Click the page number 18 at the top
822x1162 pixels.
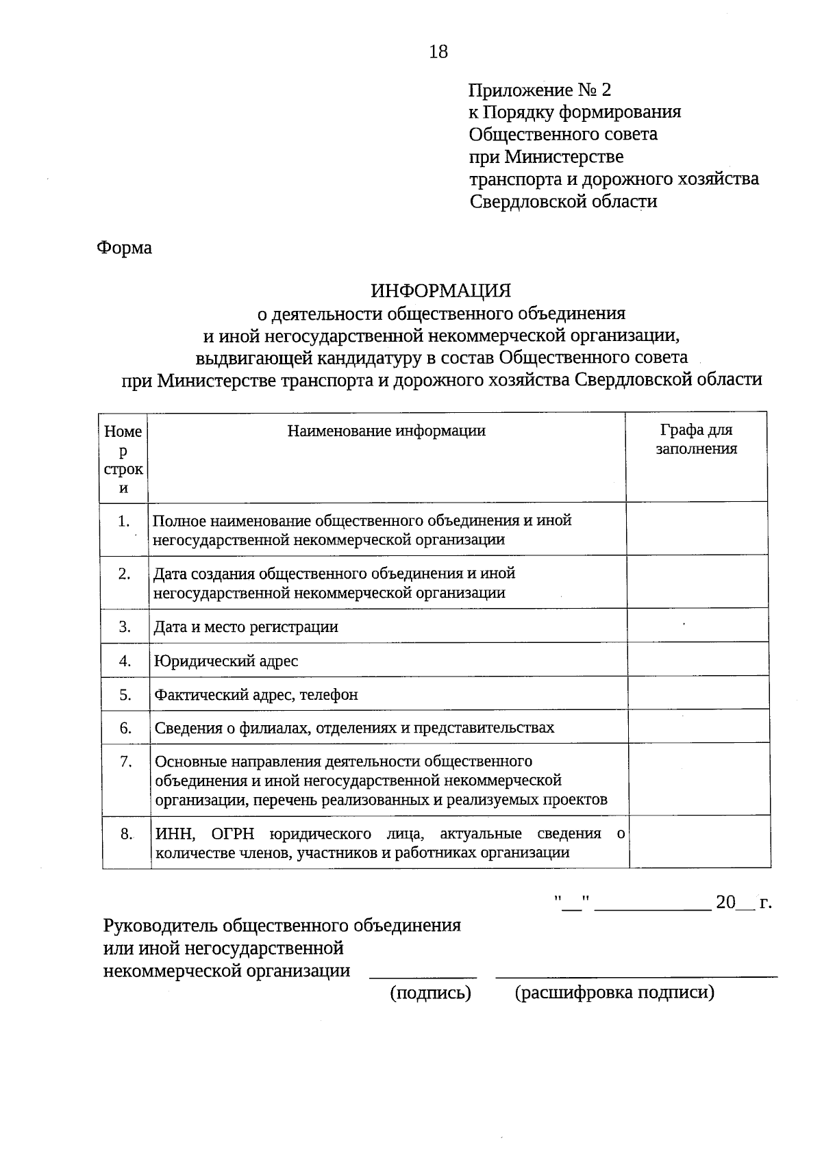click(x=438, y=51)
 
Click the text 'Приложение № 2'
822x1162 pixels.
click(x=539, y=90)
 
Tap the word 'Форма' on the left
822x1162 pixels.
click(x=124, y=247)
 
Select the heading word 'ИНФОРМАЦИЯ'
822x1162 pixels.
click(x=441, y=290)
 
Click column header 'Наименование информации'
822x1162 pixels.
click(x=386, y=431)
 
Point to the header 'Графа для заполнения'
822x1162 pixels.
click(x=696, y=440)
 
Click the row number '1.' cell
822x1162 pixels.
click(x=123, y=521)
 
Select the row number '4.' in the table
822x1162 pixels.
click(x=125, y=661)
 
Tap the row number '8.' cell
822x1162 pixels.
click(x=126, y=834)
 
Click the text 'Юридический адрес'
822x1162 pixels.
click(x=226, y=661)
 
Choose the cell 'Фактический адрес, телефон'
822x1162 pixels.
click(x=256, y=695)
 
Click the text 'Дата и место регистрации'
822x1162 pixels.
click(x=246, y=627)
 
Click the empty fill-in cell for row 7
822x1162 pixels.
click(x=699, y=780)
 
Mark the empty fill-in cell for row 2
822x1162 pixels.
click(x=697, y=582)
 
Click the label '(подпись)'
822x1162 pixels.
click(x=430, y=993)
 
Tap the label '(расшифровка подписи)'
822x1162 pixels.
click(x=614, y=993)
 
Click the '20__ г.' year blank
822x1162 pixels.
click(x=743, y=902)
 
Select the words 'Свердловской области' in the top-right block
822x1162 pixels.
click(x=563, y=201)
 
